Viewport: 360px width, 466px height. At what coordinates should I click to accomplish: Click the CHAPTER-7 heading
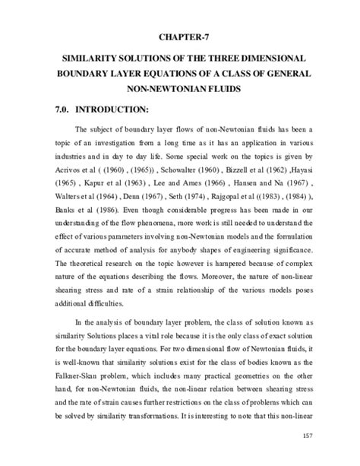[180, 36]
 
